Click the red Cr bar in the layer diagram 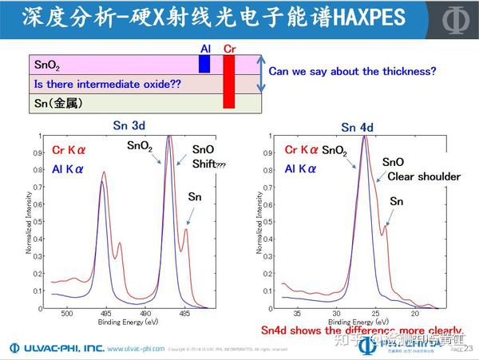coord(229,81)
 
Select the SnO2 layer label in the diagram coord(48,65)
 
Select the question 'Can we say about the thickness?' coord(352,72)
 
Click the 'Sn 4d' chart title coord(359,127)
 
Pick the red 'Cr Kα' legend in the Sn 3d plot coord(69,149)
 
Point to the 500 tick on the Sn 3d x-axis coord(67,315)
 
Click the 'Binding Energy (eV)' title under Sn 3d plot coord(129,323)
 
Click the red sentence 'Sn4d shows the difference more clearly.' coord(362,330)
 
